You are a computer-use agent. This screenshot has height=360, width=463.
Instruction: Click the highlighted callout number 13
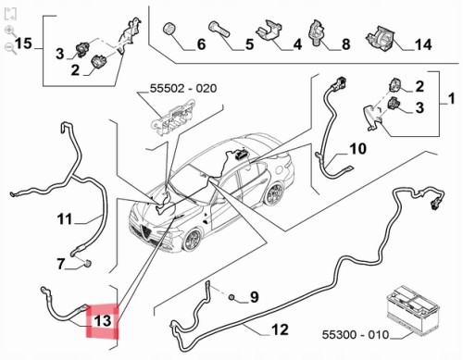(103, 320)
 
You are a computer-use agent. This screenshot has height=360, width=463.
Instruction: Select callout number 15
(23, 43)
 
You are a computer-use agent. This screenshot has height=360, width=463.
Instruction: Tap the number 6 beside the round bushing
(201, 44)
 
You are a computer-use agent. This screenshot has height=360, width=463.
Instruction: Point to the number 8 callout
(346, 44)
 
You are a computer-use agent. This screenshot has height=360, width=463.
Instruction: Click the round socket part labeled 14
(380, 39)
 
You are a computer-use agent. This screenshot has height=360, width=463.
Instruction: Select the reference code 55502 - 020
(183, 89)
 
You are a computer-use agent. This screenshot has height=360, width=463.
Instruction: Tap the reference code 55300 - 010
(356, 335)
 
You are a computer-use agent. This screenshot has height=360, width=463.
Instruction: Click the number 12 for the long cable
(280, 329)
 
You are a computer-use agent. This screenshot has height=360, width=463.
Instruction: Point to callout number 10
(358, 149)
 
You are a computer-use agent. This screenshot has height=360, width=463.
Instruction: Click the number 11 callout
(65, 219)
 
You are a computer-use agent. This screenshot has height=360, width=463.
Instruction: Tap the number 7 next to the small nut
(61, 265)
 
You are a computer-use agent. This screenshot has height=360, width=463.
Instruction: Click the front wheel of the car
(192, 240)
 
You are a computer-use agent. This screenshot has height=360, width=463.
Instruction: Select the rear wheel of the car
(274, 193)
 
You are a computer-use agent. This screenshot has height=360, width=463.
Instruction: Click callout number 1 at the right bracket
(451, 99)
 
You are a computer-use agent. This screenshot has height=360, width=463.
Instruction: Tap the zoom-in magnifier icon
(10, 31)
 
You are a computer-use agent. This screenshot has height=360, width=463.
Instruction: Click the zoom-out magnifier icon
(10, 48)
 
